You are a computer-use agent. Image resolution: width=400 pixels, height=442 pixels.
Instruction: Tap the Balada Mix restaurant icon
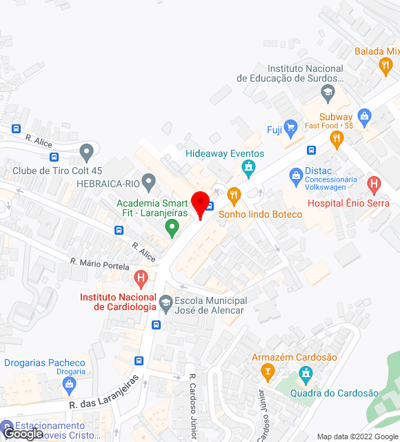386,66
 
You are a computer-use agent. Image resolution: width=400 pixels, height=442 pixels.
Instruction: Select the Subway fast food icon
337,139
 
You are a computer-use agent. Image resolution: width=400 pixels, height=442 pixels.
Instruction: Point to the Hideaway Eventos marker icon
248,167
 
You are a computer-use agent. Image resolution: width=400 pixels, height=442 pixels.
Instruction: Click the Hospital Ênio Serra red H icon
374,184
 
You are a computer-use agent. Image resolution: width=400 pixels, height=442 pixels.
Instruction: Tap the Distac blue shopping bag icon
296,174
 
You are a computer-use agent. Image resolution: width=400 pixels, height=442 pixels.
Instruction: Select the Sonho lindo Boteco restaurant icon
234,195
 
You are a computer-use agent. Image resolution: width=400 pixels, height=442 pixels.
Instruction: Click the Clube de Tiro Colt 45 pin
86,151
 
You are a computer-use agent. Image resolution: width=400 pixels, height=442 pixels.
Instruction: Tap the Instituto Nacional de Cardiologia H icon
141,279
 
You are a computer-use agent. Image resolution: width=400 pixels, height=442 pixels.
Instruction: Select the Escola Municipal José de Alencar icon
166,302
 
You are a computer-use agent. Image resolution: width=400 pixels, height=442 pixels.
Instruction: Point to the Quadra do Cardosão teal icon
305,376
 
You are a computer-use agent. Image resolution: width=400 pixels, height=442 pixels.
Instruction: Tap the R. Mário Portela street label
99,264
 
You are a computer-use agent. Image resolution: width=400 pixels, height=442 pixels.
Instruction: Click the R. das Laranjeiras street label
103,396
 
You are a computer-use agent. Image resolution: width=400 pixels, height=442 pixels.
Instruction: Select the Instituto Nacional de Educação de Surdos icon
327,92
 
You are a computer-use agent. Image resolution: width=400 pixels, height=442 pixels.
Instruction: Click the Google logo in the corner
22,434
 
